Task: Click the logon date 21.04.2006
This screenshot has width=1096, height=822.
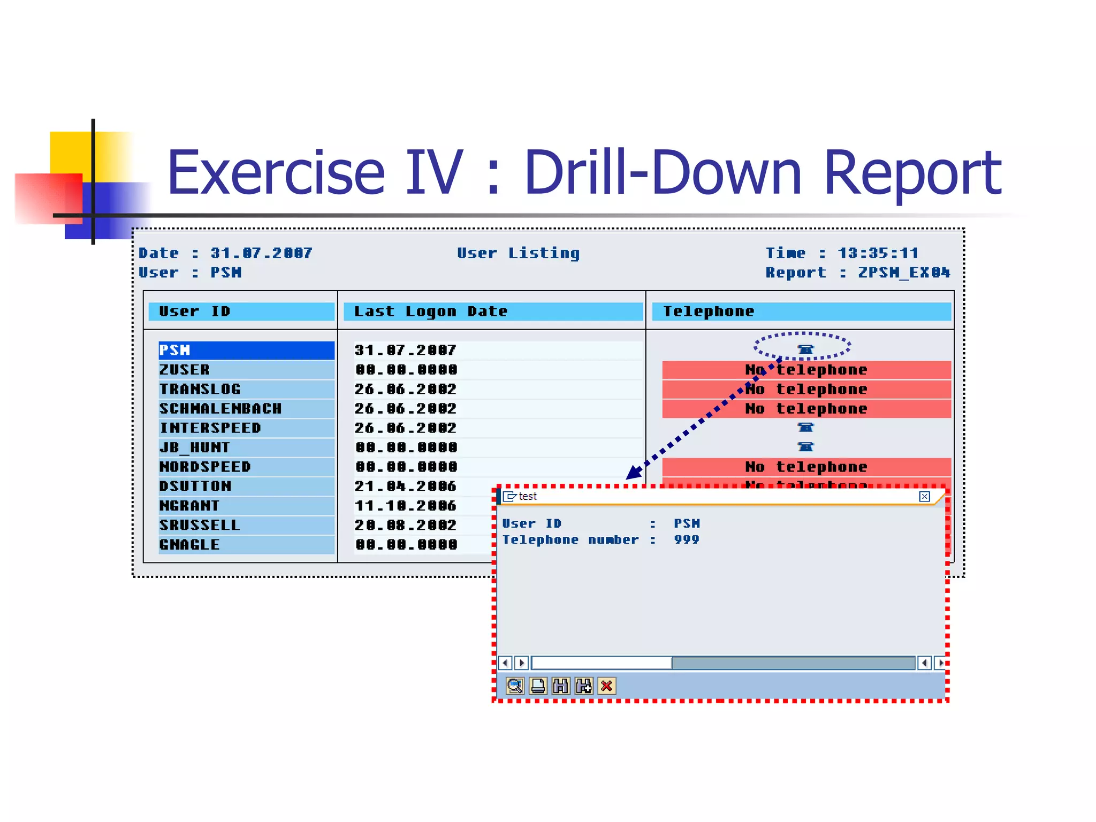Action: pos(405,486)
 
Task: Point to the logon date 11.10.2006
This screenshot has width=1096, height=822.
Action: pos(405,505)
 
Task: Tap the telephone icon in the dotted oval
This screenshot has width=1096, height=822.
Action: pos(805,349)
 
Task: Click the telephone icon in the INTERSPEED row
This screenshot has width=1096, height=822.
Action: pos(805,427)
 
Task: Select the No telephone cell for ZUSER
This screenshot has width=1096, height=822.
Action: pos(806,369)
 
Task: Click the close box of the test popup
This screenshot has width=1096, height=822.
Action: pos(924,496)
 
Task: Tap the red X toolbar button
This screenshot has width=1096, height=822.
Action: pos(606,686)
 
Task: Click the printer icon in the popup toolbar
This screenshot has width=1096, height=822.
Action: pos(538,686)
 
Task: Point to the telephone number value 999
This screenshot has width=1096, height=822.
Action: pos(687,539)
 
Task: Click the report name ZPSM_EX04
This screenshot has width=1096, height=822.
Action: pos(904,272)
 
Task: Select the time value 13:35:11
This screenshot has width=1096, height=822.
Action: pos(878,253)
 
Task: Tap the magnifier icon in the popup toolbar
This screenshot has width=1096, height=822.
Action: pos(515,686)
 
